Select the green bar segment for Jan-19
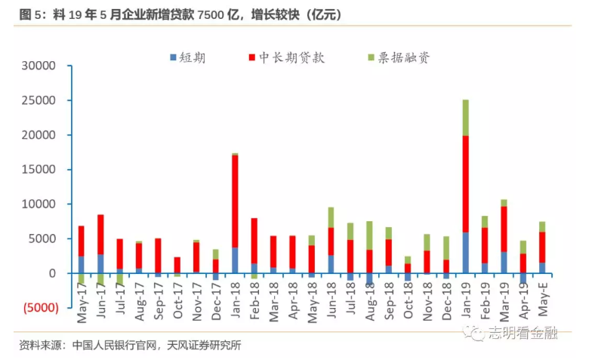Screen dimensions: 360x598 pyautogui.click(x=466, y=118)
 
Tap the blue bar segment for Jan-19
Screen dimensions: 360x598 pyautogui.click(x=466, y=252)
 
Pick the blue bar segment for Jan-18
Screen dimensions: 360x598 pyautogui.click(x=235, y=260)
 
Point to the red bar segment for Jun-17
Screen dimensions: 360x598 pyautogui.click(x=100, y=234)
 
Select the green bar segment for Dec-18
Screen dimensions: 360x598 pyautogui.click(x=446, y=248)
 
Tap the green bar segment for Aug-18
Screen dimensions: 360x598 pyautogui.click(x=369, y=235)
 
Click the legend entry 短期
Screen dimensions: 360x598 pyautogui.click(x=192, y=57)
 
